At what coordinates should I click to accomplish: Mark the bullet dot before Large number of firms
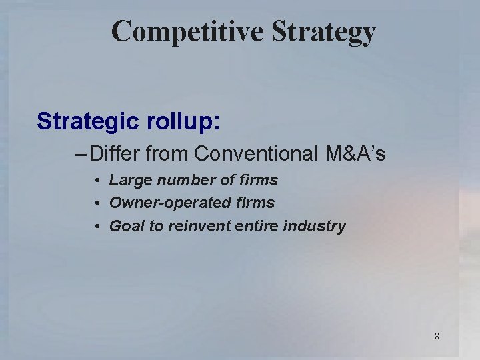pyautogui.click(x=97, y=181)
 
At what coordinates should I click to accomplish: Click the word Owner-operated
pyautogui.click(x=161, y=203)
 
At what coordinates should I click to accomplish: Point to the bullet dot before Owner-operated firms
pyautogui.click(x=97, y=203)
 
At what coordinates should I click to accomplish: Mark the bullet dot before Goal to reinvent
pyautogui.click(x=97, y=227)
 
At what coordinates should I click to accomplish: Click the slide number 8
pyautogui.click(x=437, y=336)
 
